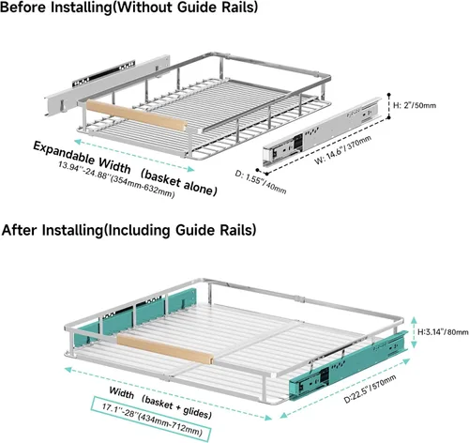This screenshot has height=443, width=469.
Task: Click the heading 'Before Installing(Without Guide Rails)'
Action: [x=129, y=7]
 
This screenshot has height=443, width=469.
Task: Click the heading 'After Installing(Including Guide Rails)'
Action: [x=129, y=230]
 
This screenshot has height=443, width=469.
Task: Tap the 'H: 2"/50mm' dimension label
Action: [x=415, y=105]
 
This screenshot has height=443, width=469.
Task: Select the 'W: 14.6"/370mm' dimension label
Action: [x=343, y=149]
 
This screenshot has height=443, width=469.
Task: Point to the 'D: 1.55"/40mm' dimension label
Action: [x=261, y=182]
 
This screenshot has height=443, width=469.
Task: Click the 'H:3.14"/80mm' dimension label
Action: [x=443, y=331]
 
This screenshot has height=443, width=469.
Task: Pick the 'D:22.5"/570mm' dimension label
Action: [x=370, y=389]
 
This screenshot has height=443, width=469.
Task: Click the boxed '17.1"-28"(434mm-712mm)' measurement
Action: [x=151, y=419]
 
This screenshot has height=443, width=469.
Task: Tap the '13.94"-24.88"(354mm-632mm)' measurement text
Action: [x=116, y=179]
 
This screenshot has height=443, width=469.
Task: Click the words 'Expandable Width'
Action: [x=82, y=157]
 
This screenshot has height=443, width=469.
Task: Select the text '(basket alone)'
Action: [x=178, y=183]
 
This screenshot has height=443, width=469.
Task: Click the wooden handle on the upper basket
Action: [x=136, y=115]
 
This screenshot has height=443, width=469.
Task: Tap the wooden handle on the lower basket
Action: [x=165, y=349]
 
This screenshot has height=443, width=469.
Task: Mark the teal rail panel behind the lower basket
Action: [x=135, y=316]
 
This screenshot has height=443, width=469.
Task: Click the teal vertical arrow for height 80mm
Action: [x=414, y=332]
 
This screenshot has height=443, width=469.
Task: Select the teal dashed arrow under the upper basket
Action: [x=134, y=156]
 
